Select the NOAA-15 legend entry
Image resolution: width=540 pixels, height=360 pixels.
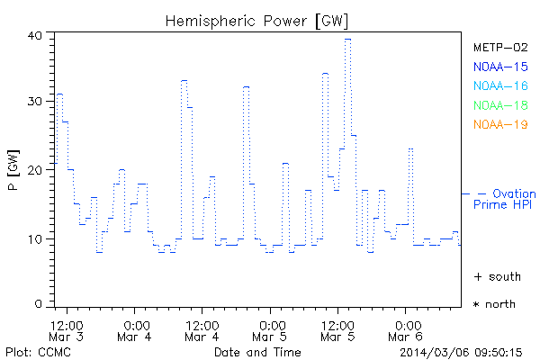click(x=499, y=67)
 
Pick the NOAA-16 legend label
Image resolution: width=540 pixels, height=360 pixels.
click(x=499, y=85)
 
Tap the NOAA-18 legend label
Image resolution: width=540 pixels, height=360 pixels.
click(x=499, y=105)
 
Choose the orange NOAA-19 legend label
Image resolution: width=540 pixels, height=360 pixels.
click(x=499, y=124)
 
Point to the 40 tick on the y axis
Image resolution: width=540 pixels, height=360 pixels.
click(x=36, y=35)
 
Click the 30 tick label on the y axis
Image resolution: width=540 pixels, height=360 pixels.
click(x=36, y=102)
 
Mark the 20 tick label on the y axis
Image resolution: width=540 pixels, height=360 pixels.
click(x=36, y=170)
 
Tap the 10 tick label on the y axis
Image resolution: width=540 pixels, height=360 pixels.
click(x=36, y=238)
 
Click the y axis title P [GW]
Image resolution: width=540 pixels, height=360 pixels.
click(x=13, y=170)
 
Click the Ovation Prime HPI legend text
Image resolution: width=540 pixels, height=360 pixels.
click(x=505, y=199)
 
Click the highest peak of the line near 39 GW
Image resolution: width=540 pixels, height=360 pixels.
click(x=347, y=39)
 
